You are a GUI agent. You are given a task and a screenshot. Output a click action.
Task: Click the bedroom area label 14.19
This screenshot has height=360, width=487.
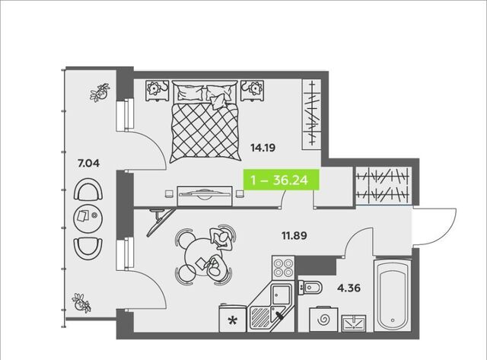[263, 148]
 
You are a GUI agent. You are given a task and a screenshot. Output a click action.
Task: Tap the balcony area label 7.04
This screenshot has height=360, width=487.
[88, 163]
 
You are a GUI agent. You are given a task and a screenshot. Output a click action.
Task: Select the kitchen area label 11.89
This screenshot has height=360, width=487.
[294, 235]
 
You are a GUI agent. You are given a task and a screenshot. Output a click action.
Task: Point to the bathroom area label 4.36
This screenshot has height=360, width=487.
[349, 288]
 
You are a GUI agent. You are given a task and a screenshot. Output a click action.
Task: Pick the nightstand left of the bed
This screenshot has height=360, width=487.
[157, 91]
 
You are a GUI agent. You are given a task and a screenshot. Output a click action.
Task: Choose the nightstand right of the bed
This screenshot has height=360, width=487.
[253, 91]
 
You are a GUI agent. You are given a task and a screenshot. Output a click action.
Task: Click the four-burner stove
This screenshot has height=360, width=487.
[283, 268]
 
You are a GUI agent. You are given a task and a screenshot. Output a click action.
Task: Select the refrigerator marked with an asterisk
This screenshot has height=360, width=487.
[233, 319]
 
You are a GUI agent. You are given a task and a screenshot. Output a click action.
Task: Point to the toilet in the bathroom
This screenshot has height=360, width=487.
[310, 288]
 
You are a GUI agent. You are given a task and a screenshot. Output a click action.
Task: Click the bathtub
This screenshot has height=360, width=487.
[393, 295]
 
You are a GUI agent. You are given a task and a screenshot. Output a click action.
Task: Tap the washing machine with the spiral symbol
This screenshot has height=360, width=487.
[323, 320]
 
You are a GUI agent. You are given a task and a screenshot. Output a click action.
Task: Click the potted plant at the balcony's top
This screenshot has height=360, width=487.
[100, 93]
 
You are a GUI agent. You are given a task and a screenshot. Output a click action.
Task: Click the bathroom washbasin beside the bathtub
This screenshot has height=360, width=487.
[354, 323]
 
